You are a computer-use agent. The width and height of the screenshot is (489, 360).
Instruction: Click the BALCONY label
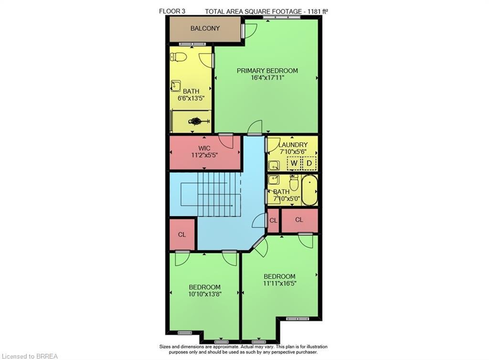[x=205, y=28]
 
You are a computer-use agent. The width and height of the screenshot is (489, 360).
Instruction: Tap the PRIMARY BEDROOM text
[x=267, y=71]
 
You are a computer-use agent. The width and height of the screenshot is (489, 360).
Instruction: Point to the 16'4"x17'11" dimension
[x=267, y=78]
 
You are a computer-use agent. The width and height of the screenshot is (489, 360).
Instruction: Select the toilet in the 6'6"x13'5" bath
[x=179, y=57]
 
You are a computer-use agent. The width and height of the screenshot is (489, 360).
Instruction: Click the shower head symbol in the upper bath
[x=197, y=121]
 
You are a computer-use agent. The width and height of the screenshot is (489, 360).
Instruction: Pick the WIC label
[x=204, y=148]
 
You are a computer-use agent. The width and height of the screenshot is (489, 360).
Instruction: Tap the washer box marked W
[x=294, y=164]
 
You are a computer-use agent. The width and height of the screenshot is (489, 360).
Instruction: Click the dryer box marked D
[x=309, y=164]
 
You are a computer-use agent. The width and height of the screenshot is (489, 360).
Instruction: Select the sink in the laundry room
[x=274, y=166]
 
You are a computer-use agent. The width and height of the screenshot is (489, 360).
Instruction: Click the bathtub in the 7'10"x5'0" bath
[x=309, y=190]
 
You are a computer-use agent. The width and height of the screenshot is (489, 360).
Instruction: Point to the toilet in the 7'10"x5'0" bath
[x=294, y=182]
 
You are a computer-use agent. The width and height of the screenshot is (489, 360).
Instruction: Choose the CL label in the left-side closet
[x=182, y=234]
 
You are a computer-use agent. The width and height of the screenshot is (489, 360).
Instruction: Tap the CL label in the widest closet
[x=299, y=220]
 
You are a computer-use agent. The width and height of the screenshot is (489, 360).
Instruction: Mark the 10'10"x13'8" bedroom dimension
[x=205, y=295]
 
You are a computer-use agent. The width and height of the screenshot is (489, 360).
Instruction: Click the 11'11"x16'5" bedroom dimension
[x=279, y=284]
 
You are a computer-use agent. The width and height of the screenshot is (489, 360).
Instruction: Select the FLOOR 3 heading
[x=171, y=11]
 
